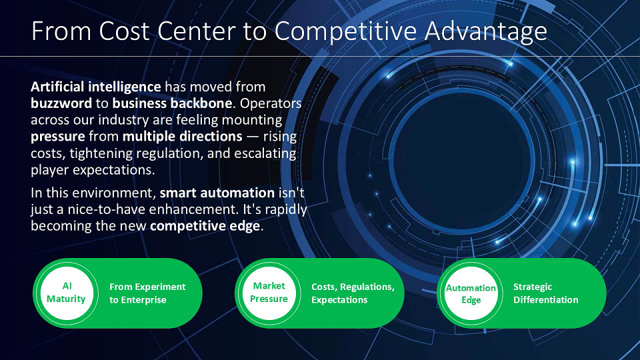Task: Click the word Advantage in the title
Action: [x=486, y=31]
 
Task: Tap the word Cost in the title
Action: [x=124, y=31]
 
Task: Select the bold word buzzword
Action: [x=61, y=103]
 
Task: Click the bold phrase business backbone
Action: [x=172, y=103]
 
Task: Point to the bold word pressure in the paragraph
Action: [x=58, y=137]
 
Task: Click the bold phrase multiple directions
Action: [x=183, y=136]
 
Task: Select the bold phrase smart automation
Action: [x=217, y=192]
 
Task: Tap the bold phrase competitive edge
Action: [x=205, y=226]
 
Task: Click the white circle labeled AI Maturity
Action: [x=67, y=293]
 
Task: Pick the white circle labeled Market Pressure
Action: [x=269, y=293]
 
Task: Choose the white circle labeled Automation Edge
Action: [x=471, y=293]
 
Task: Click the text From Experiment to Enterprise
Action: [x=147, y=293]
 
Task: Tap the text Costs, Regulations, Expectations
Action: [x=353, y=293]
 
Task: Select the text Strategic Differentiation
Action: [x=546, y=293]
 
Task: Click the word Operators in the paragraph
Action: [x=271, y=104]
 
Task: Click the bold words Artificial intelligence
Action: [x=96, y=87]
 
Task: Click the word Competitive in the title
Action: [x=346, y=31]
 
